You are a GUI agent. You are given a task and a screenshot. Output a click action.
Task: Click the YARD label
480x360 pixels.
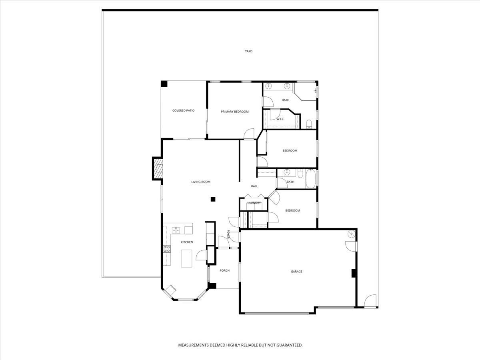click(x=249, y=51)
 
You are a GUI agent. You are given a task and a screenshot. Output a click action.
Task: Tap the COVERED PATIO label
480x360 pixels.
click(x=183, y=110)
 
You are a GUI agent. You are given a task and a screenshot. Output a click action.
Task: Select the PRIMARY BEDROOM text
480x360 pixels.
click(x=235, y=112)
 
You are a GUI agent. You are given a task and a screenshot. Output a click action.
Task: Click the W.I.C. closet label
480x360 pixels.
click(x=280, y=119)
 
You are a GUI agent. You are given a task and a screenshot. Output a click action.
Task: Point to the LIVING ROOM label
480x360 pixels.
click(x=200, y=182)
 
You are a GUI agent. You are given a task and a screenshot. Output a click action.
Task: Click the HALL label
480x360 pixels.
click(x=254, y=186)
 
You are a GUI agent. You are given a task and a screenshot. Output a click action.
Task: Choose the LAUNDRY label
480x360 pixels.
click(x=254, y=203)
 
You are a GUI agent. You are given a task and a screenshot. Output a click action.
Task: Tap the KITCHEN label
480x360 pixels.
click(x=187, y=242)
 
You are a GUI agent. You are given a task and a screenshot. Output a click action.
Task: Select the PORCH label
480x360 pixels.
click(x=225, y=271)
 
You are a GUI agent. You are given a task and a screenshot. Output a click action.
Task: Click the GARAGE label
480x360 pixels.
click(x=296, y=272)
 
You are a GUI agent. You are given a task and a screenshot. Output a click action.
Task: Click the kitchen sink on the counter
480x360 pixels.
click(x=176, y=230)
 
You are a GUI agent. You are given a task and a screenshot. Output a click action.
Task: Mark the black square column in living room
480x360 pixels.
click(x=213, y=199)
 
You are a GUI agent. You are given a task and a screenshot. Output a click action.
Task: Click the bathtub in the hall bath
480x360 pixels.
click(x=310, y=179)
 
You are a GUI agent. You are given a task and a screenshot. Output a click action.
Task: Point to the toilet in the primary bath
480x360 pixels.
click(x=309, y=124)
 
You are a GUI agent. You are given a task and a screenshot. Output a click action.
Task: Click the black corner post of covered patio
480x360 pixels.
click(x=164, y=84)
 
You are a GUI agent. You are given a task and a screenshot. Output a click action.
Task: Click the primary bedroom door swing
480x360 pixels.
click(x=249, y=134)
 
